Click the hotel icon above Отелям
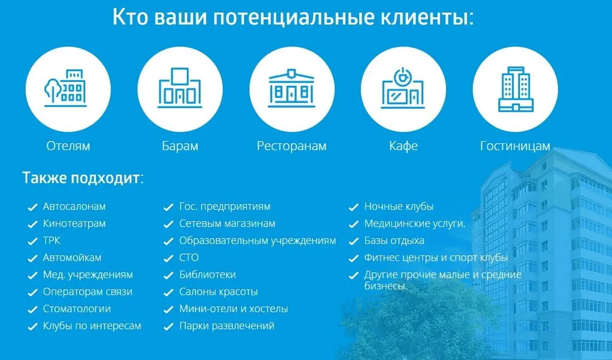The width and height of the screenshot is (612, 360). (x=65, y=88)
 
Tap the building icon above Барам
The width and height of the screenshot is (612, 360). (x=180, y=88)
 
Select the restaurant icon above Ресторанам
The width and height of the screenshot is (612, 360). (x=292, y=88)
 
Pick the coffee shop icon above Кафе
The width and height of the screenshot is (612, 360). (x=403, y=88)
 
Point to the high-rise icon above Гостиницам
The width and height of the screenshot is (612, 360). (x=516, y=89)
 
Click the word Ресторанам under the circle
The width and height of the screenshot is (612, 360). (x=292, y=146)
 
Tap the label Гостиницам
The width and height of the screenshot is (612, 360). (x=515, y=146)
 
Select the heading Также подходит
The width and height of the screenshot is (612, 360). (x=82, y=178)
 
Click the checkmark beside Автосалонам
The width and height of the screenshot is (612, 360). (x=32, y=208)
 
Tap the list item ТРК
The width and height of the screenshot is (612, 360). (x=51, y=240)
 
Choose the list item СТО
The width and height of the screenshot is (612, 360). (x=189, y=258)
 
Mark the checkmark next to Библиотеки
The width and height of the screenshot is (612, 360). (x=168, y=276)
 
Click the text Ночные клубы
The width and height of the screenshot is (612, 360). (x=399, y=206)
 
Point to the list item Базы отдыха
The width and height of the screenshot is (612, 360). (x=394, y=240)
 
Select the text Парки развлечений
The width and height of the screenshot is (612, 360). (x=227, y=326)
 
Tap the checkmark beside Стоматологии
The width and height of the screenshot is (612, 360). (x=32, y=310)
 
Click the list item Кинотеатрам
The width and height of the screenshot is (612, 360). (x=74, y=224)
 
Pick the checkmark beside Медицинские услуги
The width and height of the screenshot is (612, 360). (x=354, y=224)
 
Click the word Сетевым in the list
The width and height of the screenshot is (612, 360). (x=200, y=224)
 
